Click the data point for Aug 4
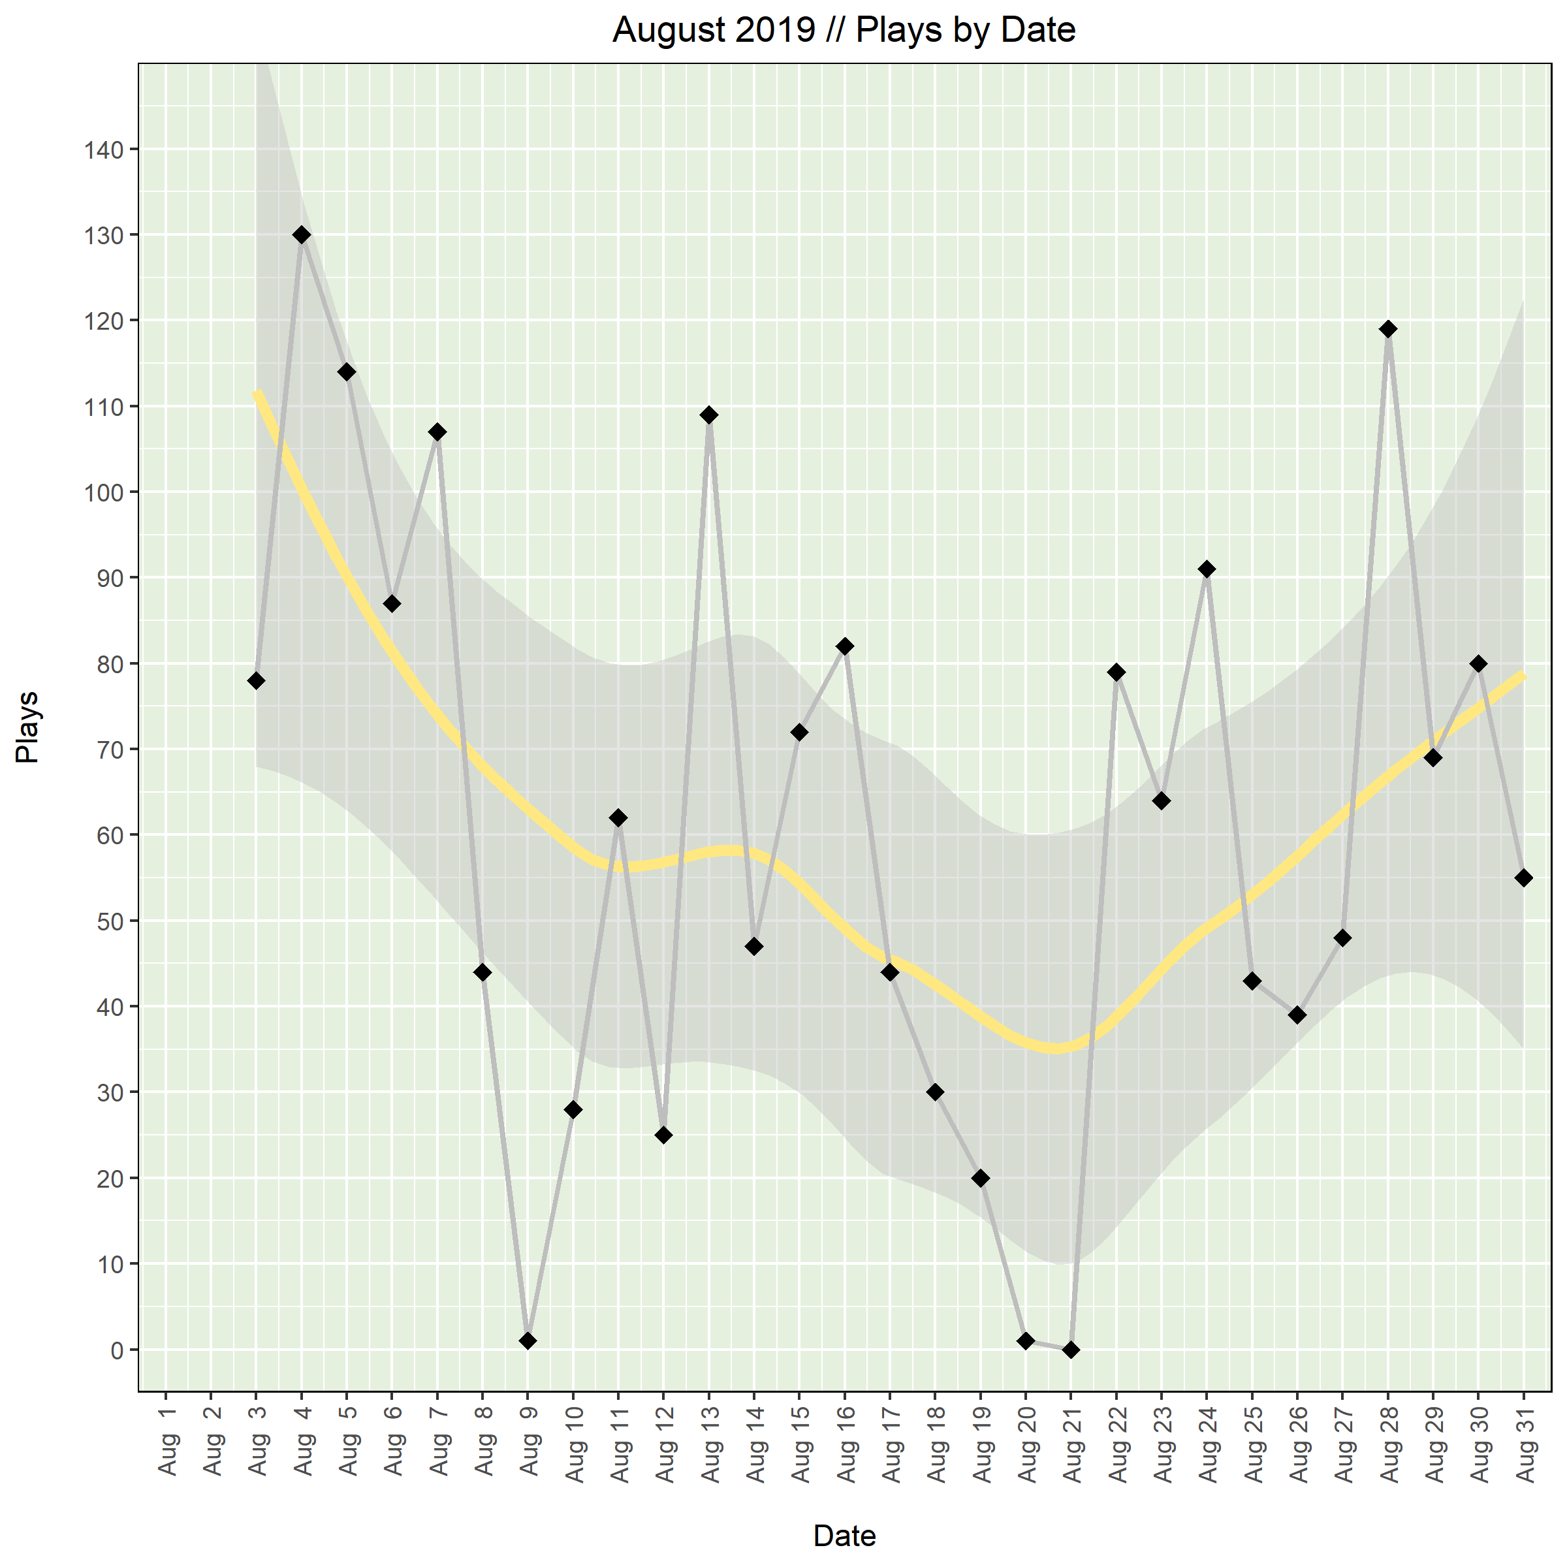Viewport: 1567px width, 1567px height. coord(301,235)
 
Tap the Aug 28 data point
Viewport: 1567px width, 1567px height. coord(1387,329)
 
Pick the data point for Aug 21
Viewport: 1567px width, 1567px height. coord(1071,1350)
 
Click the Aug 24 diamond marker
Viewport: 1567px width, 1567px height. coord(1207,569)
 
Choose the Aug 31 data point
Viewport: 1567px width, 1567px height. coord(1523,878)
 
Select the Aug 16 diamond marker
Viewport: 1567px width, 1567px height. coord(844,646)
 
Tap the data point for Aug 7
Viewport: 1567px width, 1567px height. coord(437,432)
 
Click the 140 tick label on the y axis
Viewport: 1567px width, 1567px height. coord(104,150)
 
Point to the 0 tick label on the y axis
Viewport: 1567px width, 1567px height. coord(118,1350)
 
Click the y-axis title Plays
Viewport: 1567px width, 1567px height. coord(27,727)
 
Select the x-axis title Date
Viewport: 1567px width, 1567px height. coord(844,1536)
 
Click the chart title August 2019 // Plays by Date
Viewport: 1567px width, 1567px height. coord(844,30)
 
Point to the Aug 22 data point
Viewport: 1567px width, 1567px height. coord(1116,673)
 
